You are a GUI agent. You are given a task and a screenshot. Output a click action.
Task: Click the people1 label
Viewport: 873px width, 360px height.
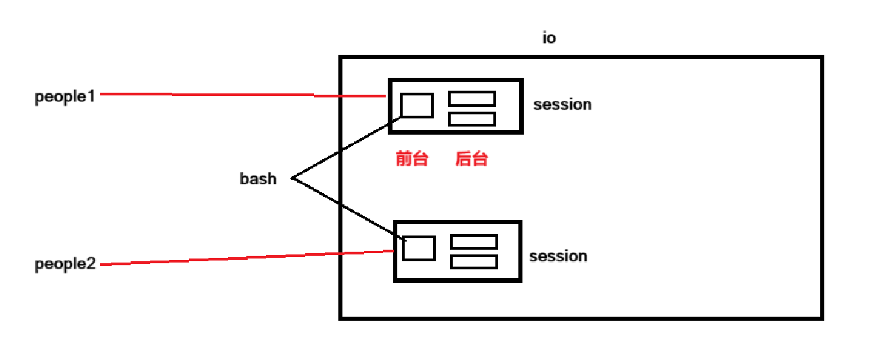point(64,96)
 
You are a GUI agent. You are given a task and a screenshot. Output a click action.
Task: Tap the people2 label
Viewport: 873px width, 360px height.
point(65,265)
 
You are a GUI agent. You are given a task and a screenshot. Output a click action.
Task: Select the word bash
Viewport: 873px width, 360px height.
point(258,179)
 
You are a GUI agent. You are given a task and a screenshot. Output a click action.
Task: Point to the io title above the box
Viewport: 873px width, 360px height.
point(550,39)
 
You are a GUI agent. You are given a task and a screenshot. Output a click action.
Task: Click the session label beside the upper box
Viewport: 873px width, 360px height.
point(562,105)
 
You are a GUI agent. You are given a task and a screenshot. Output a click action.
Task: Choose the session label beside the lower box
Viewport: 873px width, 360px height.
point(558,256)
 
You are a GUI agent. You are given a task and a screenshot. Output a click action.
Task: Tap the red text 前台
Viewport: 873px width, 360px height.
point(411,160)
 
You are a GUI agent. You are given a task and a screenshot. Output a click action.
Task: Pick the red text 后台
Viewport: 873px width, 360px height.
point(471,160)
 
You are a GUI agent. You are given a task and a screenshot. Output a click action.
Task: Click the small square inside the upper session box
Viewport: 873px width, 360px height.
point(416,105)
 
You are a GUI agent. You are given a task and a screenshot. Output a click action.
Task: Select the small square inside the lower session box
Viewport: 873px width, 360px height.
point(418,248)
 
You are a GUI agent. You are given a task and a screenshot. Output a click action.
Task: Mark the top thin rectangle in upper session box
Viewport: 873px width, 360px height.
point(472,98)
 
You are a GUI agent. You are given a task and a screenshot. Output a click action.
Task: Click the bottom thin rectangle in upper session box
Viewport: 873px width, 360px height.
point(472,119)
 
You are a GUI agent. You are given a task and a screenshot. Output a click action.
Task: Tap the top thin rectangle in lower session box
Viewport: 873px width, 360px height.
point(474,242)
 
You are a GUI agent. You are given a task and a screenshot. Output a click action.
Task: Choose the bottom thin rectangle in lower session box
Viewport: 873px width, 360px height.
point(474,261)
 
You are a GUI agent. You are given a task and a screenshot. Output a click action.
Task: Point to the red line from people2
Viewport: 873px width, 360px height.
point(244,258)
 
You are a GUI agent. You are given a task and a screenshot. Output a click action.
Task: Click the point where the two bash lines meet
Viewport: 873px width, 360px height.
point(292,179)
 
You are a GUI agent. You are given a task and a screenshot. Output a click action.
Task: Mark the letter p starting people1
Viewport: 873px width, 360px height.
point(39,97)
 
